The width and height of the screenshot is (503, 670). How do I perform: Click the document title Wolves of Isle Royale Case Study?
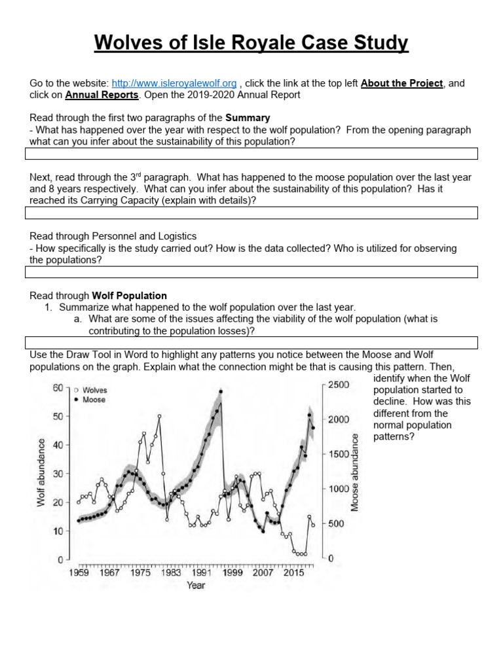click(x=251, y=43)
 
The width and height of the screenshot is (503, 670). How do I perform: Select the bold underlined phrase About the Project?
click(x=401, y=83)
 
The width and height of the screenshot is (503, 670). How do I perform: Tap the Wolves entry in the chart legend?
click(x=94, y=389)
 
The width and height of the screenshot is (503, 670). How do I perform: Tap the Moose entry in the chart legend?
click(x=94, y=399)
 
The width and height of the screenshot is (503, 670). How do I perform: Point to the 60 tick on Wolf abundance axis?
click(x=57, y=387)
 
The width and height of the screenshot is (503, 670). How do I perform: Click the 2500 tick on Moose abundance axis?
click(x=339, y=385)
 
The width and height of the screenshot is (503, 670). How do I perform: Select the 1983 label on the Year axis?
click(x=171, y=573)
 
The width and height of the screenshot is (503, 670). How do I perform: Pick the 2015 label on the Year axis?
click(x=294, y=573)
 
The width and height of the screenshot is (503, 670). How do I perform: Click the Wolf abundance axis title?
click(x=41, y=472)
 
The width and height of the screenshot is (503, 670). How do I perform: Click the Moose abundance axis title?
click(x=356, y=472)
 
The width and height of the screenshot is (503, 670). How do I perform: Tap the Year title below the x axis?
click(x=196, y=585)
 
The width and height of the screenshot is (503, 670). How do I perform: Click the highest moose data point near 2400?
click(x=221, y=391)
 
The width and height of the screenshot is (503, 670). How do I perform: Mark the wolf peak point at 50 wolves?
click(x=158, y=416)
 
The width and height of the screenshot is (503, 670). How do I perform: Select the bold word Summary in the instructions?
click(x=248, y=118)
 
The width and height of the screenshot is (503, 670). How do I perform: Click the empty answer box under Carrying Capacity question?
click(x=251, y=213)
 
